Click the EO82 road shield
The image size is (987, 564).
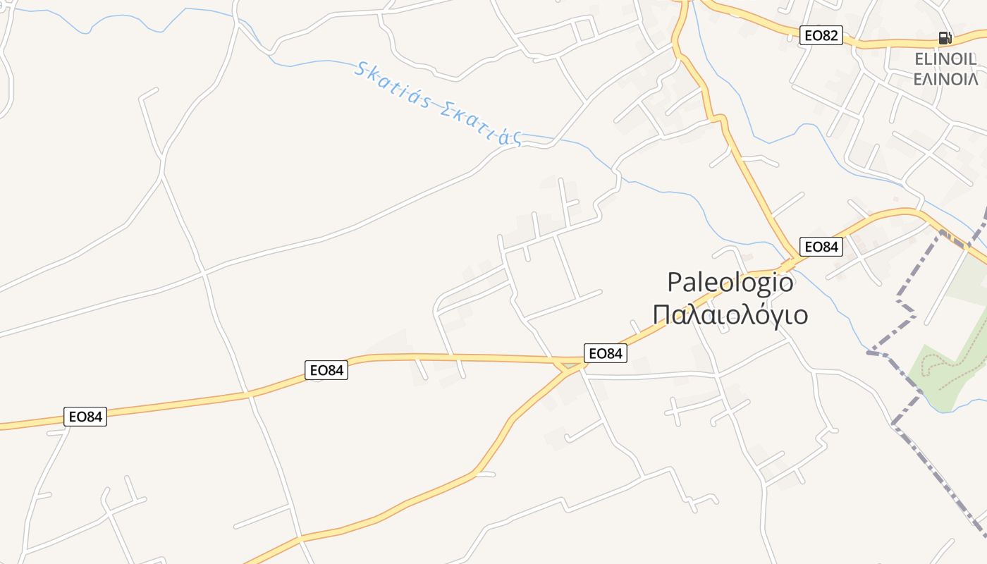tap(821, 35)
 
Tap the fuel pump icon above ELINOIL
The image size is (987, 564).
tap(945, 38)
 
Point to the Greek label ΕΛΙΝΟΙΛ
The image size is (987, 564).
tap(945, 78)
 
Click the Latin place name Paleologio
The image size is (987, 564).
tap(730, 283)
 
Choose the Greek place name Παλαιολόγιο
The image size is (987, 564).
tap(730, 314)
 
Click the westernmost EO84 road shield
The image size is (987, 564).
tap(85, 417)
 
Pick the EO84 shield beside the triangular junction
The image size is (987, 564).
tap(605, 353)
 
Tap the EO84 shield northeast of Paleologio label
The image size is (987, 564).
tap(821, 247)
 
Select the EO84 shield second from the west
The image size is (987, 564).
tap(326, 370)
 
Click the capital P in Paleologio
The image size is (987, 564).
tap(675, 283)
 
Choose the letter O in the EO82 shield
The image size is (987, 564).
tap(818, 35)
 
